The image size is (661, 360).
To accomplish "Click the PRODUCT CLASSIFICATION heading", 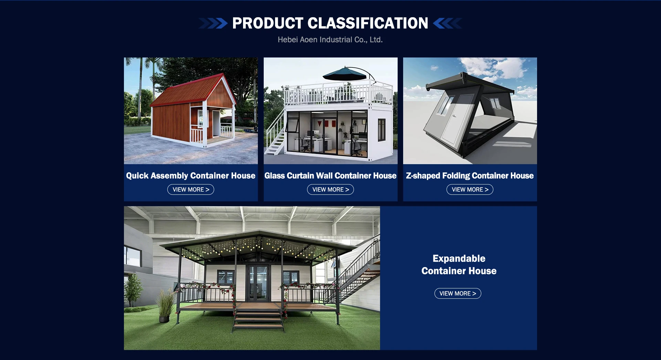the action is click(x=330, y=23).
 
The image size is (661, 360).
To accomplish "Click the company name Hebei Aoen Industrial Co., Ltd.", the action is click(x=330, y=40).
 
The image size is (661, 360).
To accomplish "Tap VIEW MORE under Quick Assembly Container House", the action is click(x=191, y=190).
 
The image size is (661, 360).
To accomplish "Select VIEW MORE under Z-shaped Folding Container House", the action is click(x=470, y=190).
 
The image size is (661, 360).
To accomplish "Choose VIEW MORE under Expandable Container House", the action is click(x=458, y=294).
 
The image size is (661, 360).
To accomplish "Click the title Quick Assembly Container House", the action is click(x=191, y=176).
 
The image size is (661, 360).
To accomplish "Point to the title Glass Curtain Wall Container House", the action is click(x=330, y=176).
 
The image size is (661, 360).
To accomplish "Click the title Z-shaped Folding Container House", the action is click(x=470, y=176).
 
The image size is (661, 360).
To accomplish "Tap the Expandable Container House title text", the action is click(x=459, y=265).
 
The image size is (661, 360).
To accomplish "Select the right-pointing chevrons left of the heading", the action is click(x=213, y=23).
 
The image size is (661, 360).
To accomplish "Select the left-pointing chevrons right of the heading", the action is click(x=447, y=23).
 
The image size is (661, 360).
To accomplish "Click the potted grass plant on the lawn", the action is click(x=165, y=306).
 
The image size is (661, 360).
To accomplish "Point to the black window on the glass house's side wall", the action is click(x=381, y=130).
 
